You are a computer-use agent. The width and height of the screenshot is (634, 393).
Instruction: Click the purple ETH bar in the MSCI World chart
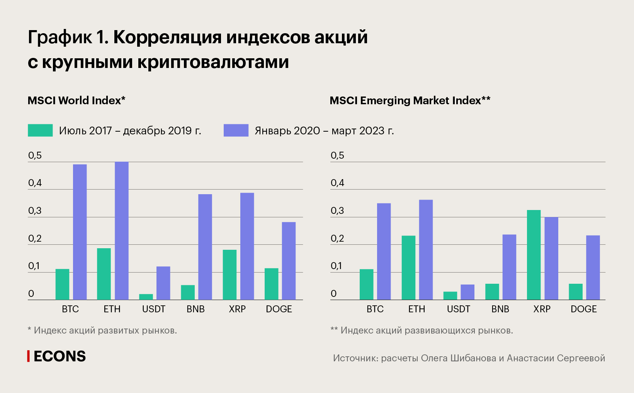tap(121, 231)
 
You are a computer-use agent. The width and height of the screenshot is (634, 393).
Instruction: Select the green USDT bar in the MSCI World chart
tap(146, 297)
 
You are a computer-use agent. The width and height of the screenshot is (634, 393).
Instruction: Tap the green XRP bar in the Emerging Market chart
tap(534, 255)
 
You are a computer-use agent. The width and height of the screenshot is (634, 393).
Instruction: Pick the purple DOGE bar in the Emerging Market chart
tap(593, 268)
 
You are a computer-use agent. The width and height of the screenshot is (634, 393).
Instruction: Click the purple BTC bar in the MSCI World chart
tap(80, 232)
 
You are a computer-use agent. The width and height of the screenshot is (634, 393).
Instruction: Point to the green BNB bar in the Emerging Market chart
tap(492, 292)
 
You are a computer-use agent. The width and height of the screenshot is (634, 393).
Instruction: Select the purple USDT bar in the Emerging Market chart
tap(467, 292)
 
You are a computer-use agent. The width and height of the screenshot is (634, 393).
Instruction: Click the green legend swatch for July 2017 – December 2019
tap(40, 130)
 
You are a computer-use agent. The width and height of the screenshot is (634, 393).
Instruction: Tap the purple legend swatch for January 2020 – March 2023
tap(236, 130)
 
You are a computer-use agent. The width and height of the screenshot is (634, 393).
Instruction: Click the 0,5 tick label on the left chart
tap(35, 155)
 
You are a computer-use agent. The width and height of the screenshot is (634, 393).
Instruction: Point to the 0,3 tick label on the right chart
tap(337, 211)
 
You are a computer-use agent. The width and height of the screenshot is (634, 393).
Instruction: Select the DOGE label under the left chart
tap(279, 309)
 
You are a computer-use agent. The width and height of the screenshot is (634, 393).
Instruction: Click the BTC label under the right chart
tap(375, 309)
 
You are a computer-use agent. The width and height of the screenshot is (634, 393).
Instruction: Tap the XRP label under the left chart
tap(237, 309)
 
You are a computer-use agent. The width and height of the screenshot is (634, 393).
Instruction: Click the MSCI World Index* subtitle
tap(76, 101)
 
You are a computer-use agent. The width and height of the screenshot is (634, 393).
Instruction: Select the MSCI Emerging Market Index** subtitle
tap(410, 101)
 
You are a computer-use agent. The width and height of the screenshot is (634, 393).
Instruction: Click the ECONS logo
tap(56, 356)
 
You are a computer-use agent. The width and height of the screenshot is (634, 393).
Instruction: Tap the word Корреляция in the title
tap(167, 37)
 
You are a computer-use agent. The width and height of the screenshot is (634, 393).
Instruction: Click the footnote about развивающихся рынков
tap(422, 330)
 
